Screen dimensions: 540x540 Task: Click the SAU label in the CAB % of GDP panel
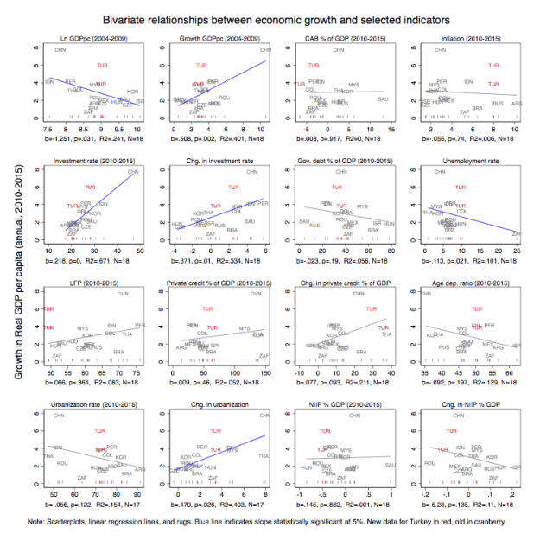click(x=383, y=100)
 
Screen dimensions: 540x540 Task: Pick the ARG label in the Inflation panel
click(x=517, y=104)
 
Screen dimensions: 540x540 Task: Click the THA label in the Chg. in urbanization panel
click(x=264, y=455)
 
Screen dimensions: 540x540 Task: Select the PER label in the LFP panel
click(x=140, y=325)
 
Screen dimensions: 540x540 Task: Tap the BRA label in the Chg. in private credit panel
click(x=360, y=352)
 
